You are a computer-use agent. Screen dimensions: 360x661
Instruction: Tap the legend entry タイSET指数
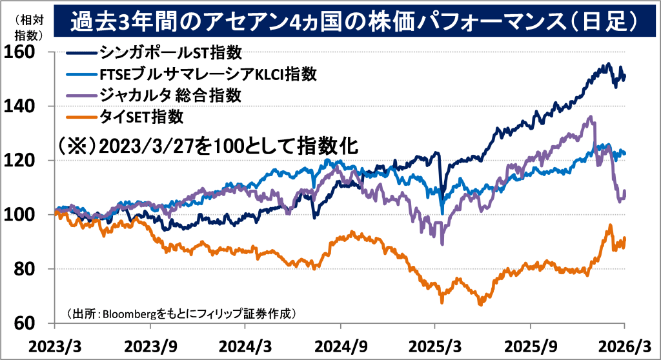coord(142,117)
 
